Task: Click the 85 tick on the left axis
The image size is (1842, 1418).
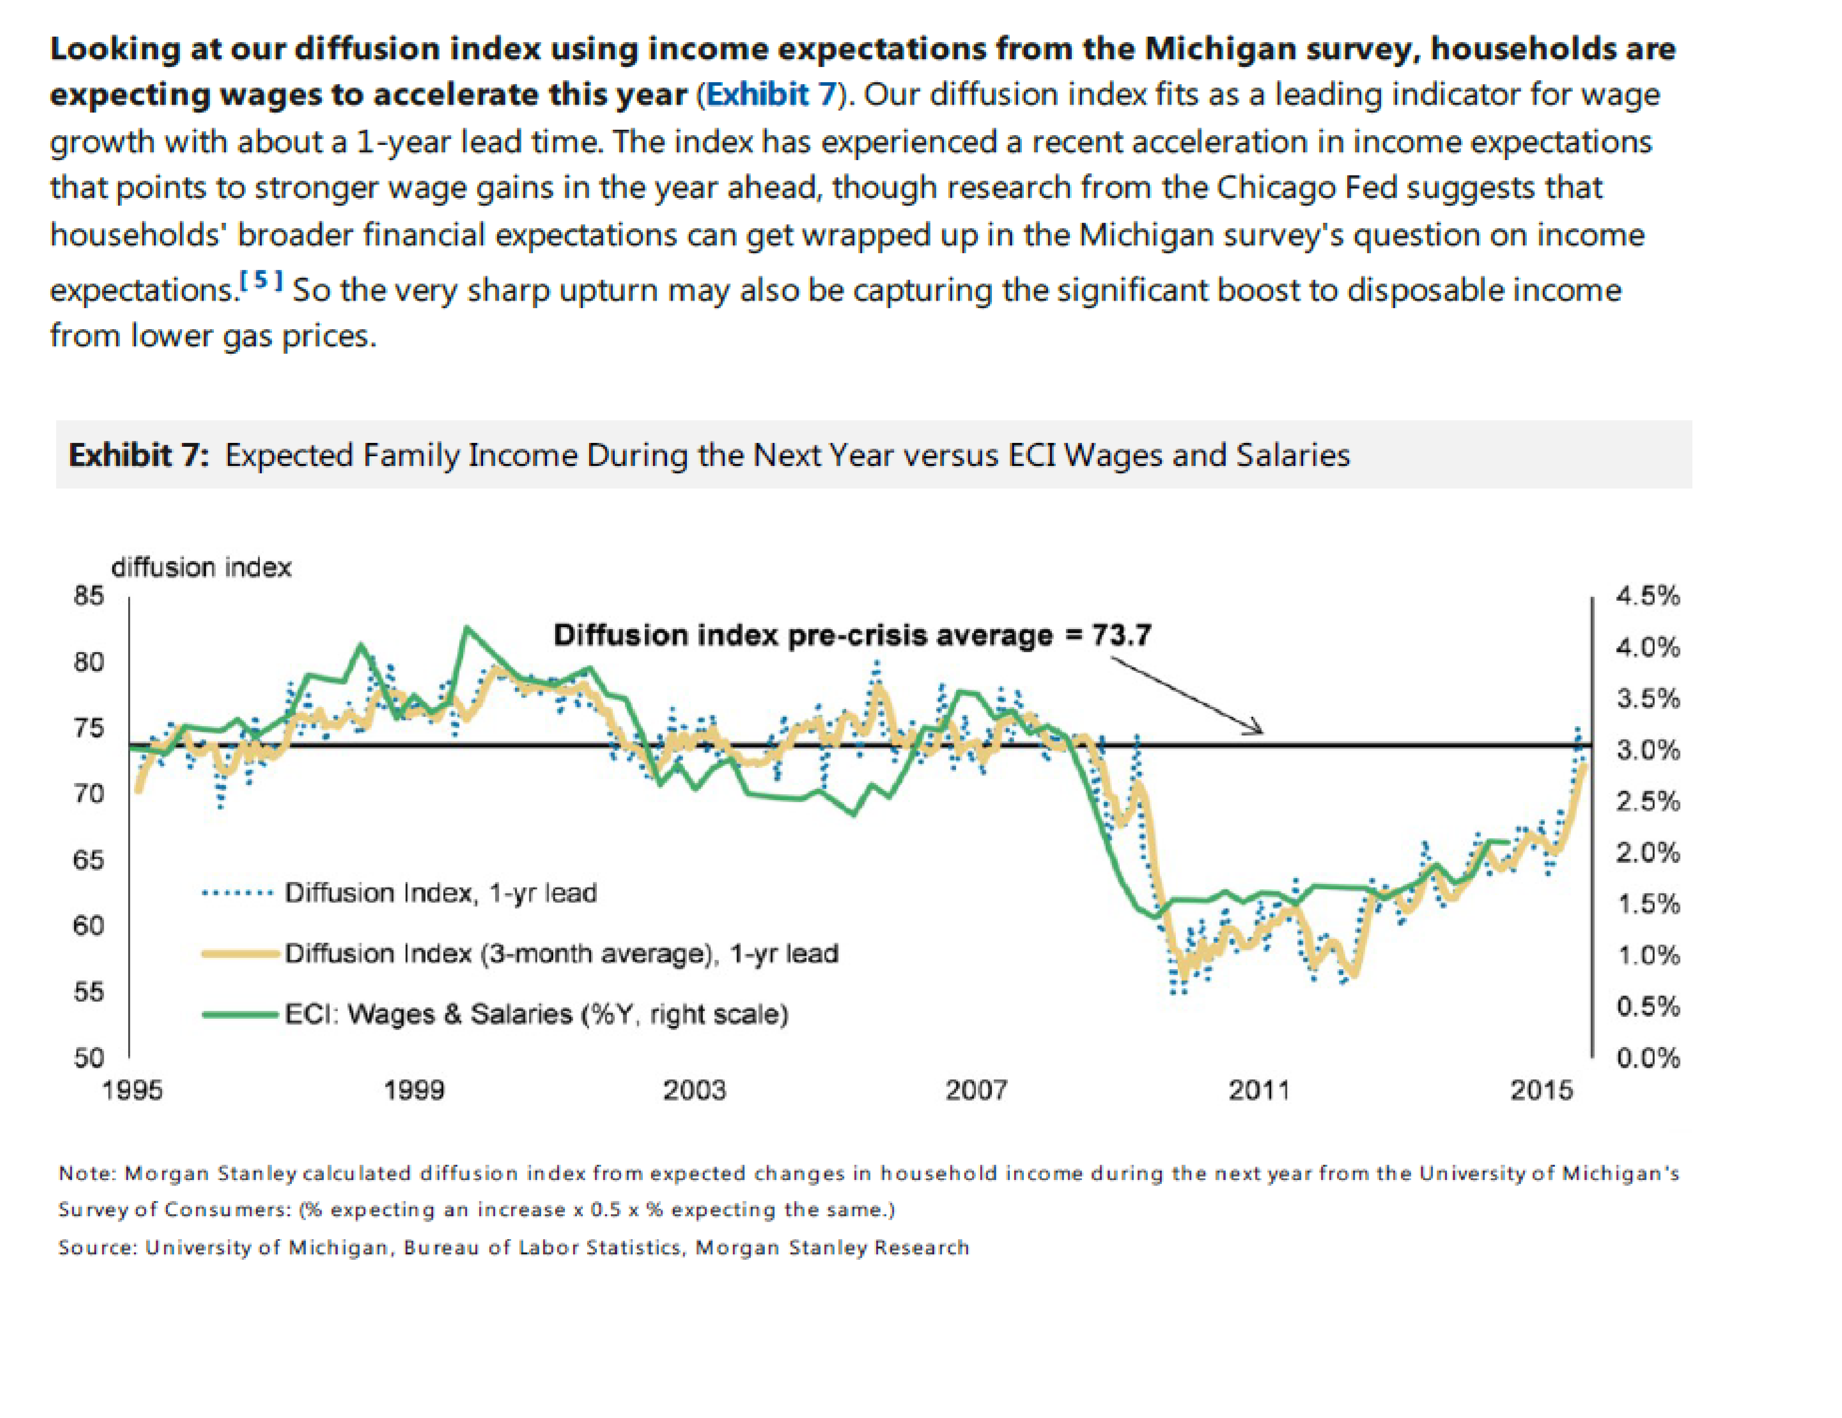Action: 88,596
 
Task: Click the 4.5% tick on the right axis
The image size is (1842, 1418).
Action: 1647,596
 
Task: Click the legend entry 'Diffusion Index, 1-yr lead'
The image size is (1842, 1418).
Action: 440,892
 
